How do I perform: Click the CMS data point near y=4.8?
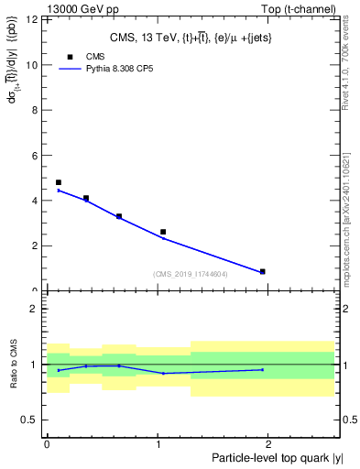(59, 182)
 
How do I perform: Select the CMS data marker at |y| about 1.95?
(263, 271)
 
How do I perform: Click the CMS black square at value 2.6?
(163, 232)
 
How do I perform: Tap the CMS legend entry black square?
(70, 57)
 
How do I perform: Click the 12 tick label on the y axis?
(34, 19)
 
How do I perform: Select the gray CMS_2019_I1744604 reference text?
(191, 274)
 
